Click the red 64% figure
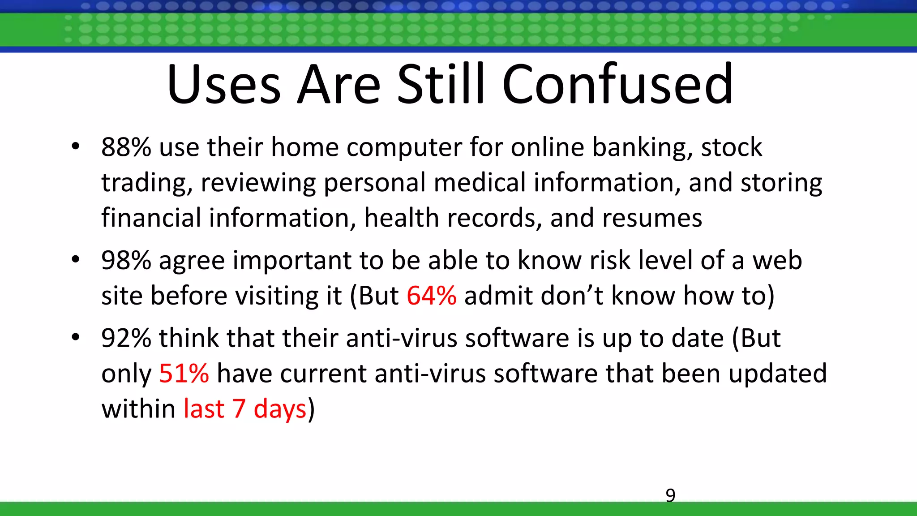(432, 296)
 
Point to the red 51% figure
(184, 373)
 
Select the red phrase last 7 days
(245, 408)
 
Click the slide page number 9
(670, 495)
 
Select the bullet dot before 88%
(75, 146)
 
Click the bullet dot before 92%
(75, 337)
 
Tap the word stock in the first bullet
(731, 147)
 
